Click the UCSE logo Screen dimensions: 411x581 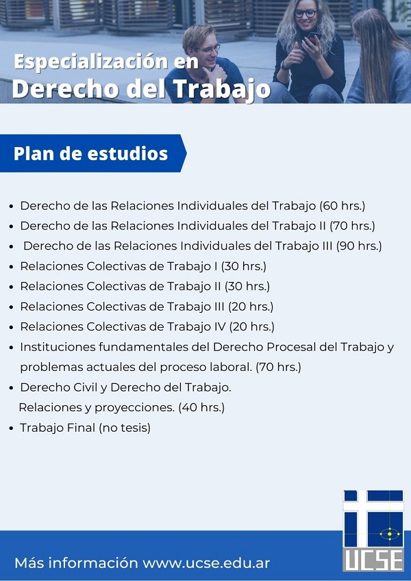(373, 530)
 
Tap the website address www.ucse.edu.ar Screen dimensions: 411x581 (206, 563)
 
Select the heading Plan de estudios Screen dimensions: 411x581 (90, 153)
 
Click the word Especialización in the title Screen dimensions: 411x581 (91, 62)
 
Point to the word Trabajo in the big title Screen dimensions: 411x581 (221, 90)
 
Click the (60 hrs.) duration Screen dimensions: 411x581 (342, 206)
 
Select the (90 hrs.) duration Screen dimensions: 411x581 (359, 246)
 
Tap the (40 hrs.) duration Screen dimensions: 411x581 (201, 408)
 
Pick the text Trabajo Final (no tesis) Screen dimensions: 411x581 (86, 428)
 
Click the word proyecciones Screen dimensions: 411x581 (134, 408)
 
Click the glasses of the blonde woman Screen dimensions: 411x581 (306, 14)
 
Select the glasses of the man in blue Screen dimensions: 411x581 (210, 49)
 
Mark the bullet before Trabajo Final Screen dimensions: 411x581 (12, 428)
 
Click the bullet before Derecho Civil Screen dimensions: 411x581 (12, 388)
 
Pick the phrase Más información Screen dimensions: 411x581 (76, 563)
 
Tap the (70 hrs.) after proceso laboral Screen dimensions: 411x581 (278, 367)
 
